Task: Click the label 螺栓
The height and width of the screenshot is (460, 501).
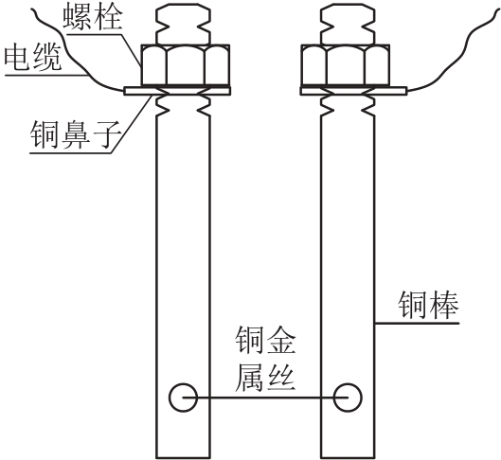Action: pos(93,17)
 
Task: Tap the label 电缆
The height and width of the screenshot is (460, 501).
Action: pos(33,58)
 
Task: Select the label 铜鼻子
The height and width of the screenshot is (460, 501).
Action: pos(76,134)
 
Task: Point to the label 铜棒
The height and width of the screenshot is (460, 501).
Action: pos(428,304)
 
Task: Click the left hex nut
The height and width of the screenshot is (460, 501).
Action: pos(186,65)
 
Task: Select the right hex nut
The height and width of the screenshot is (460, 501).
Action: pos(346,65)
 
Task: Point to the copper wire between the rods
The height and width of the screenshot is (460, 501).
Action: pos(265,398)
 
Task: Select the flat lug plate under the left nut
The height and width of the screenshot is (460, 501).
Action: pos(177,91)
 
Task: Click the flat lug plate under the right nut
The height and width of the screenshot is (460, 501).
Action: pos(353,91)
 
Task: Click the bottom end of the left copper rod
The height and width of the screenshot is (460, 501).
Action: pos(183,458)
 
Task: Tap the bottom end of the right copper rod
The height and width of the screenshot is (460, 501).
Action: pos(348,458)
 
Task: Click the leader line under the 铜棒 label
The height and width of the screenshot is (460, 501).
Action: pos(417,323)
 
